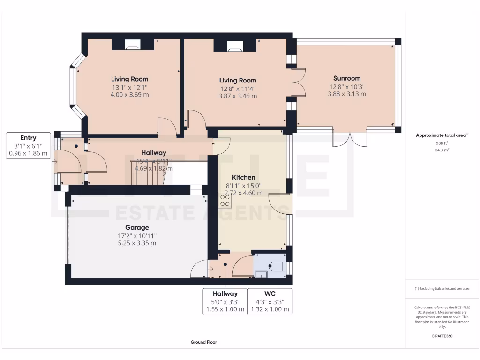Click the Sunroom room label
click(347, 78)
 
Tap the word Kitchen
click(244, 177)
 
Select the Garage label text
click(137, 228)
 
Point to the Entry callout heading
click(28, 138)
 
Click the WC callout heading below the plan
click(270, 293)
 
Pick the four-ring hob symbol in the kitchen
click(225, 201)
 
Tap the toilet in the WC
click(277, 266)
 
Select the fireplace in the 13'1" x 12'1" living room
click(133, 45)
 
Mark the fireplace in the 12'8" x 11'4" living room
click(235, 45)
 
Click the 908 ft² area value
click(442, 143)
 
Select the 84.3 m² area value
click(442, 150)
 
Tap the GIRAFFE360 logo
click(442, 336)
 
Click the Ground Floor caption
click(203, 342)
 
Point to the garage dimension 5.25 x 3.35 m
click(137, 243)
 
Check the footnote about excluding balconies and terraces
click(442, 289)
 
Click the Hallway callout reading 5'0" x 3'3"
click(225, 301)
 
